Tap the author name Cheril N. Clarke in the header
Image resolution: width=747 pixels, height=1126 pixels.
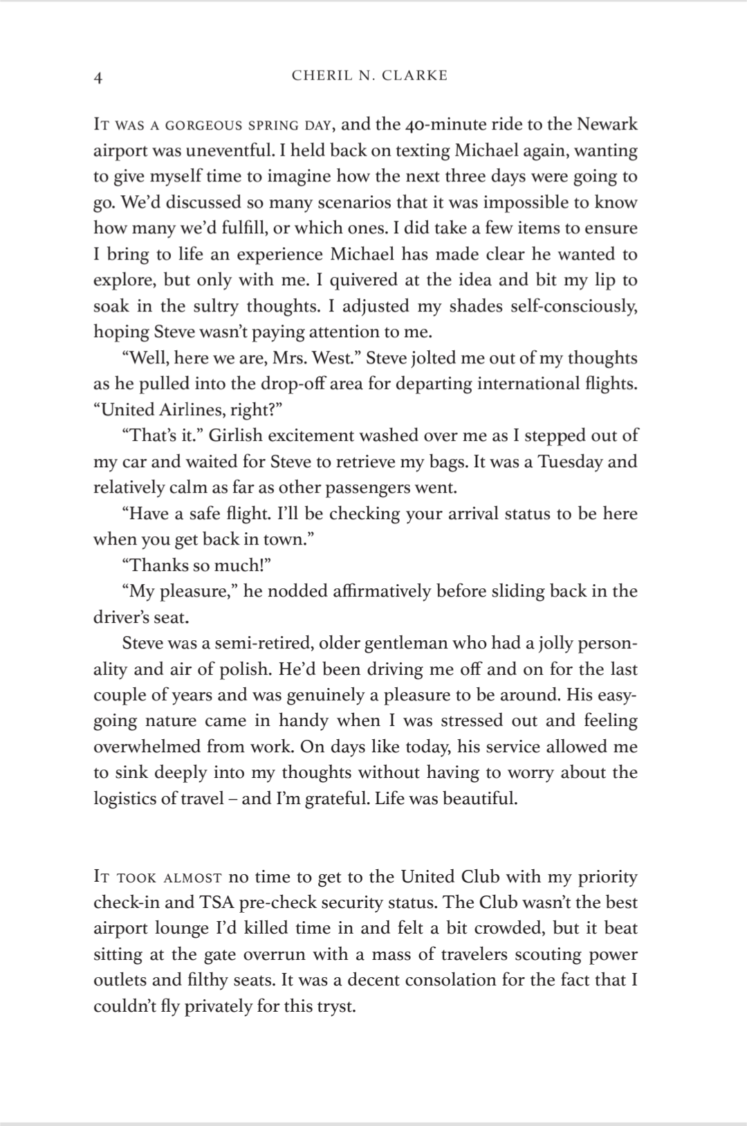pyautogui.click(x=369, y=76)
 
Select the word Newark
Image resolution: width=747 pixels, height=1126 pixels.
pyautogui.click(x=607, y=125)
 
